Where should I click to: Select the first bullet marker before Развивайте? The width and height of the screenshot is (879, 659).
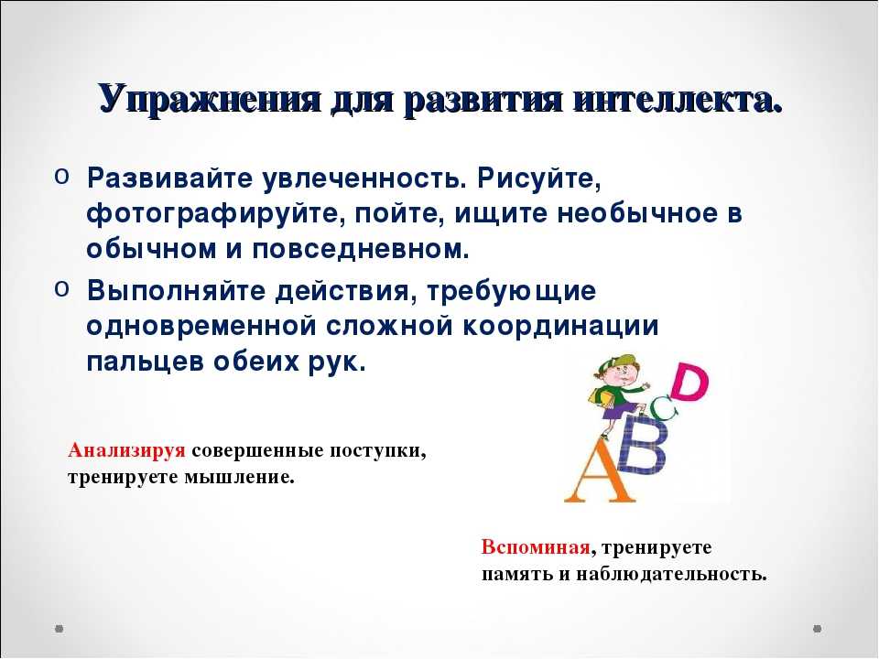point(61,176)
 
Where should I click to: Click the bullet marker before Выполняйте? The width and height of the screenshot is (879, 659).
point(61,288)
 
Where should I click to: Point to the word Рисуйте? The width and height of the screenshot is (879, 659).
point(539,179)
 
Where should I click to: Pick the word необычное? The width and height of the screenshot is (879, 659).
point(637,214)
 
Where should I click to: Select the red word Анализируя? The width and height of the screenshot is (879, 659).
point(126,451)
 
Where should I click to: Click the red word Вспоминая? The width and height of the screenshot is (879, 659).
point(536,547)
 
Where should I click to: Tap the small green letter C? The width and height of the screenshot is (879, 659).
point(665,407)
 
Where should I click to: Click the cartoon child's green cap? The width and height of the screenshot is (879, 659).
point(613,362)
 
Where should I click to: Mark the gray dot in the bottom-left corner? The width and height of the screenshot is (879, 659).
point(60,629)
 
